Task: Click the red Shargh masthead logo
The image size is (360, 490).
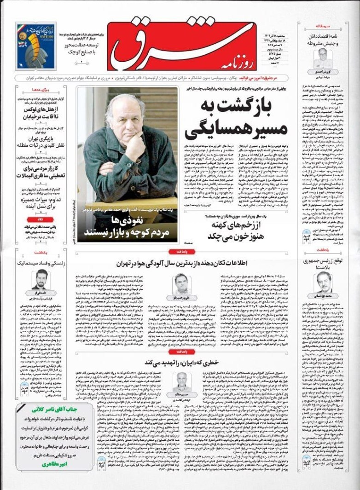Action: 184,44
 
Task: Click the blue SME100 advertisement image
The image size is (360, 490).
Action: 35,46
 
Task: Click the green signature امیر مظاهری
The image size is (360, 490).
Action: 44,465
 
